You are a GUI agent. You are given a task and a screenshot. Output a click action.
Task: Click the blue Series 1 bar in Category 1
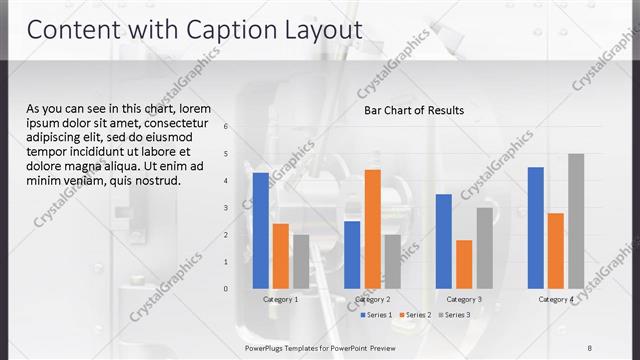tap(260, 230)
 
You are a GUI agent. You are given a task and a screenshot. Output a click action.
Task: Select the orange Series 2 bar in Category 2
tap(372, 228)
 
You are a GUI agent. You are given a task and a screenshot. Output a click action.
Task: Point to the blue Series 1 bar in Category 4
tap(536, 227)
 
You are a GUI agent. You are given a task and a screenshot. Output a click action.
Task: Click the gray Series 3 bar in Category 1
tap(301, 261)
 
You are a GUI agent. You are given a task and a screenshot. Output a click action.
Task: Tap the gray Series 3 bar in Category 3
tap(484, 247)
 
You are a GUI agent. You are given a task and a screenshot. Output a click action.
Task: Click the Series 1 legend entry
tap(375, 315)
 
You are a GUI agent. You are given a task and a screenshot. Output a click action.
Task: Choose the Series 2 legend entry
tap(414, 315)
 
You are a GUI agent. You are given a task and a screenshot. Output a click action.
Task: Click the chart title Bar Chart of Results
tap(413, 110)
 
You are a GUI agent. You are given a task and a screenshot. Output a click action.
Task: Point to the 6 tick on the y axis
tap(226, 126)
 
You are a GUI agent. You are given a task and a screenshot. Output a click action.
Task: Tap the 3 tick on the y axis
tap(226, 207)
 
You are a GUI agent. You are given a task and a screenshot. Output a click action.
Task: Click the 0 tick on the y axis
tap(226, 288)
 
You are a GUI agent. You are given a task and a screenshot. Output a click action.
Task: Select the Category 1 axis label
tap(280, 299)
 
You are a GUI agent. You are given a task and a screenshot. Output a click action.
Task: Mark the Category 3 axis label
tap(464, 299)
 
